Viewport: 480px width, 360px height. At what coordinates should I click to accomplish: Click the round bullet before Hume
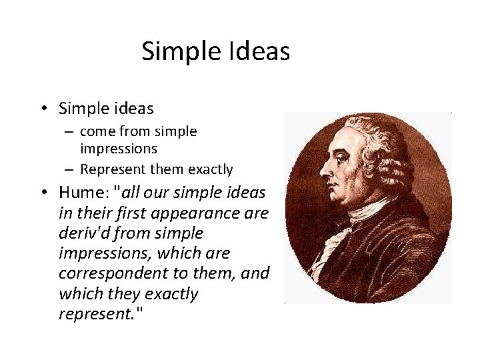point(43,193)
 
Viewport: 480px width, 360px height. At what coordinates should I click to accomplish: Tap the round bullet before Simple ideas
point(43,108)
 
